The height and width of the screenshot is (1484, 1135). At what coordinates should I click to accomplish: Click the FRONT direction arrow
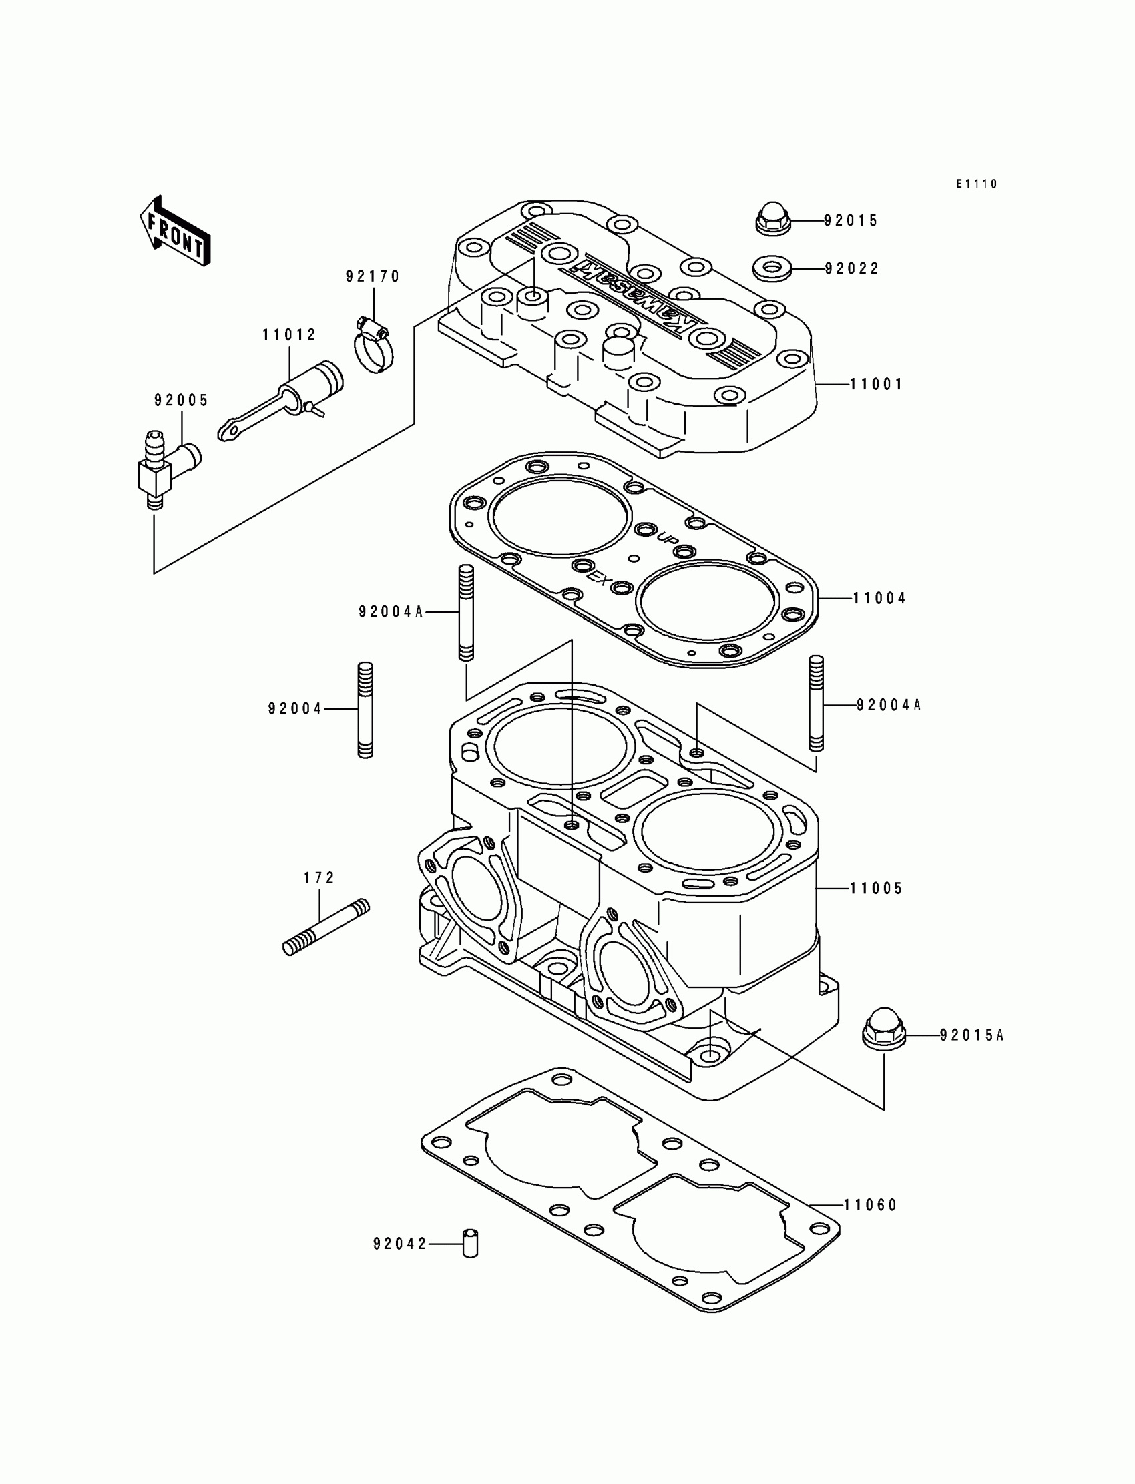pyautogui.click(x=174, y=232)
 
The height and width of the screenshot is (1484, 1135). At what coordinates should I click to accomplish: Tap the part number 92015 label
pyautogui.click(x=851, y=221)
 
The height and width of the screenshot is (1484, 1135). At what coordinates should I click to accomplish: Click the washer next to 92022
pyautogui.click(x=772, y=268)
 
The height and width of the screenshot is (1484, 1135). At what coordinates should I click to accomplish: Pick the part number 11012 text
pyautogui.click(x=289, y=335)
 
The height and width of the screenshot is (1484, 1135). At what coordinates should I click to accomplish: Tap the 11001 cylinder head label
pyautogui.click(x=875, y=385)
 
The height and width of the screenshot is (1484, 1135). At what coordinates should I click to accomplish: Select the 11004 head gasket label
pyautogui.click(x=879, y=598)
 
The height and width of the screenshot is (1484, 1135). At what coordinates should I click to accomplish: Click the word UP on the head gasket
pyautogui.click(x=668, y=538)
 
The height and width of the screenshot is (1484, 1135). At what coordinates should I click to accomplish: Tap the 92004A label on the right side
pyautogui.click(x=889, y=705)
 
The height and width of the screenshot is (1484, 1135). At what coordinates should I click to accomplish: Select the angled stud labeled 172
pyautogui.click(x=326, y=926)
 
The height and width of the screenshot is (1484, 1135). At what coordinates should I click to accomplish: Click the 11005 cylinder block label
pyautogui.click(x=876, y=889)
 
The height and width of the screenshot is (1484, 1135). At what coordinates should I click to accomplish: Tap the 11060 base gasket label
pyautogui.click(x=870, y=1205)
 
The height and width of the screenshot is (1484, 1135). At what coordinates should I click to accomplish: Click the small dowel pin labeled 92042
pyautogui.click(x=470, y=1244)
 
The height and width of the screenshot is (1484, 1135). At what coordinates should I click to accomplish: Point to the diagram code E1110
pyautogui.click(x=976, y=184)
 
